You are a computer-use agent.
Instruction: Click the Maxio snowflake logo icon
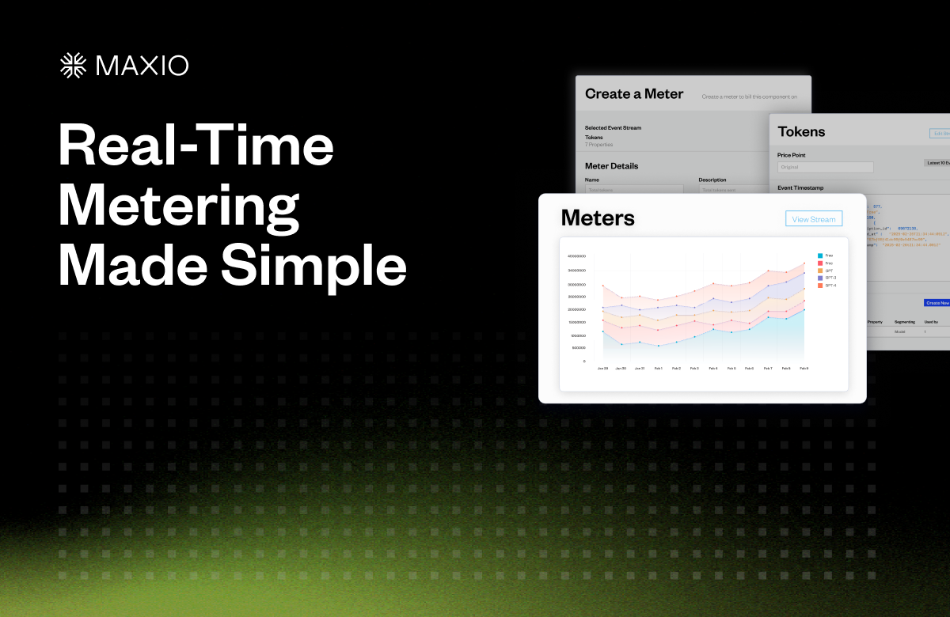pos(74,66)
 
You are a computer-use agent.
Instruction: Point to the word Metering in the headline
pos(179,207)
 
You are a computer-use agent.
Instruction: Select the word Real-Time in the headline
pos(196,147)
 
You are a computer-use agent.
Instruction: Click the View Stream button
pos(814,219)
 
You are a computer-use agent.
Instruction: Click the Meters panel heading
pos(598,218)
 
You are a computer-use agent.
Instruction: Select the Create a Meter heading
pos(633,94)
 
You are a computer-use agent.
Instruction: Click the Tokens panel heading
pos(801,132)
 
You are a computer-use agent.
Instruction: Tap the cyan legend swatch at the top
pos(820,256)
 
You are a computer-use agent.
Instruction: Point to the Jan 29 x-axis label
pos(602,369)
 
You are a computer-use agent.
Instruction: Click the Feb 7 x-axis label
pos(767,369)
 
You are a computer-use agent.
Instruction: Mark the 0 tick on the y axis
pos(584,361)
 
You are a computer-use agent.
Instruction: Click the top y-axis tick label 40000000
pos(576,256)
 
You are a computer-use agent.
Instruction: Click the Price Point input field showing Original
pos(825,168)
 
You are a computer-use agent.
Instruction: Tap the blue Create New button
pos(937,303)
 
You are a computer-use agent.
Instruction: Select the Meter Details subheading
pos(611,166)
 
